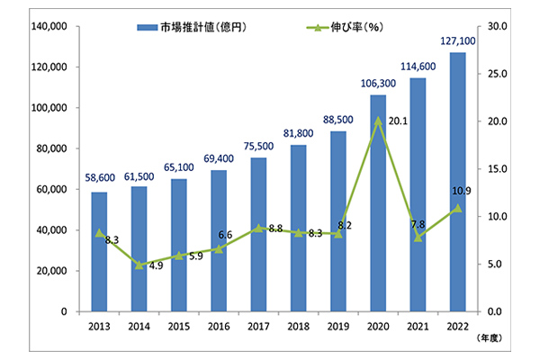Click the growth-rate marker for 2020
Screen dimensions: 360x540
[x=377, y=120]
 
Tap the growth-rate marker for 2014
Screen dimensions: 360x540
[x=139, y=265]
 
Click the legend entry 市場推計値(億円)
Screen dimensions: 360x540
[x=194, y=26]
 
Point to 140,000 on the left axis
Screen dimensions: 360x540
[x=50, y=27]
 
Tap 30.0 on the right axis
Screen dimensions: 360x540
[x=497, y=27]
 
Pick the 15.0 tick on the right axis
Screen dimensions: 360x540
[x=497, y=169]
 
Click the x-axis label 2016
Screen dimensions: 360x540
[x=219, y=327]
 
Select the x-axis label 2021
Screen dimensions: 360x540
[x=418, y=327]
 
